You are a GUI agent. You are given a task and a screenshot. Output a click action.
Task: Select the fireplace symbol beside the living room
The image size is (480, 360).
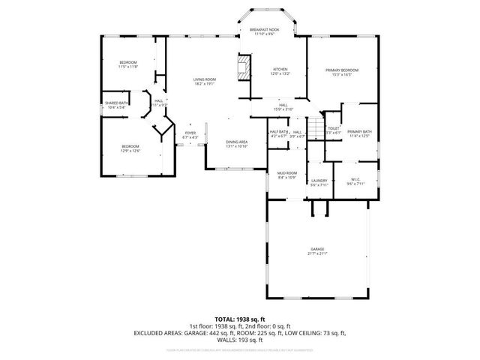click(244, 69)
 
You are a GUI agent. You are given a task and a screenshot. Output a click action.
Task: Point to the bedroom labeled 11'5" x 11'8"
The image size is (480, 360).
click(128, 65)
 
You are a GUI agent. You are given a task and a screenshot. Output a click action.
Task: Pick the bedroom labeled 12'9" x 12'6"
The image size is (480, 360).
click(131, 148)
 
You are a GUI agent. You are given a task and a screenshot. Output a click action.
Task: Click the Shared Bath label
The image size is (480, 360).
click(117, 105)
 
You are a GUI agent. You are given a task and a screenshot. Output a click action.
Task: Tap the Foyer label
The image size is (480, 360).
click(190, 135)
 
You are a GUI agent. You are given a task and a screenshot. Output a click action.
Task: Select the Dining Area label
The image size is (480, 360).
click(237, 144)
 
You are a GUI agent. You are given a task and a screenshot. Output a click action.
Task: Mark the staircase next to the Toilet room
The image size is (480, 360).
click(318, 129)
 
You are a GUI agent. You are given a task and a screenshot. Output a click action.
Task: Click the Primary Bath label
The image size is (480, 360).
click(359, 133)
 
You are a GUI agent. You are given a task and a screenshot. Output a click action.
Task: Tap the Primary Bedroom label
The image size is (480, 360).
click(341, 72)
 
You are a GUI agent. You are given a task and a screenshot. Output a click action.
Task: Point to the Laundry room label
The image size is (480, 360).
click(318, 182)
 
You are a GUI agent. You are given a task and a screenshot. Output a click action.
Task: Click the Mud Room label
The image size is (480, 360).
click(287, 175)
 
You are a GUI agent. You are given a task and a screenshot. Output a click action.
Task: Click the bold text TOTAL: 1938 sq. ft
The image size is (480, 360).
click(239, 319)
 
